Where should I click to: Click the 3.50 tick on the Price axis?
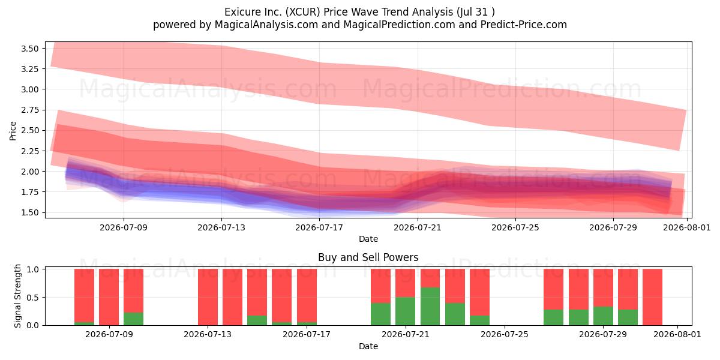pyautogui.click(x=29, y=49)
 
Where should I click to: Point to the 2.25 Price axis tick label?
pyautogui.click(x=29, y=151)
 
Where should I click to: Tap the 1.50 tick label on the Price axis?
pyautogui.click(x=29, y=212)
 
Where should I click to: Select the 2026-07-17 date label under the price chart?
pyautogui.click(x=319, y=227)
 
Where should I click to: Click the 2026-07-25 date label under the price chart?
pyautogui.click(x=515, y=227)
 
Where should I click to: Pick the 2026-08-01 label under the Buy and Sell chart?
pyautogui.click(x=677, y=335)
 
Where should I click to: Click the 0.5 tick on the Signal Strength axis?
pyautogui.click(x=32, y=298)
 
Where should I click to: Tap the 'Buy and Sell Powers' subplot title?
pyautogui.click(x=368, y=257)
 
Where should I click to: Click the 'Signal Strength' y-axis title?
pyautogui.click(x=17, y=296)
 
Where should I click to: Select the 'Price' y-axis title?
pyautogui.click(x=13, y=131)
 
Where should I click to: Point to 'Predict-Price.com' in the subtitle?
pyautogui.click(x=524, y=25)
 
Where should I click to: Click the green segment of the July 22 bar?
pyautogui.click(x=430, y=307)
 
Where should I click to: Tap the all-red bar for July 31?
pyautogui.click(x=653, y=297)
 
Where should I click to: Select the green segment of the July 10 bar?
pyautogui.click(x=133, y=319)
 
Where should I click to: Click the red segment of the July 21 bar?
pyautogui.click(x=406, y=283)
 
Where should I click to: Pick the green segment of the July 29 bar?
pyautogui.click(x=603, y=316)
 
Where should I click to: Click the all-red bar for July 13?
pyautogui.click(x=208, y=297)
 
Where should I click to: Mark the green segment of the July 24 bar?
pyautogui.click(x=479, y=320)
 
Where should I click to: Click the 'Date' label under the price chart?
pyautogui.click(x=368, y=239)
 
